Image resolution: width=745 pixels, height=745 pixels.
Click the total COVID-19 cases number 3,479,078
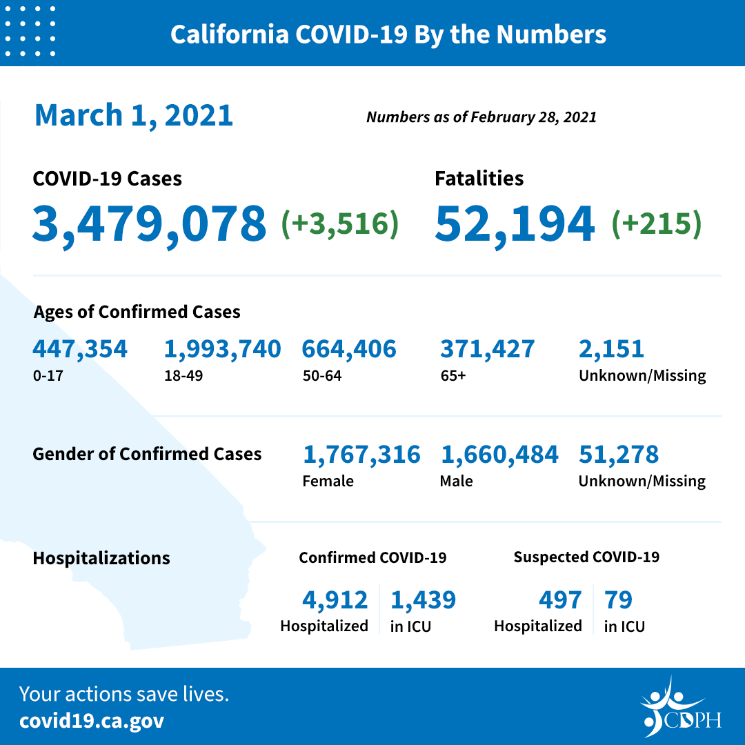(149, 223)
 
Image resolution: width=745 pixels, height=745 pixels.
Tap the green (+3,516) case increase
(340, 223)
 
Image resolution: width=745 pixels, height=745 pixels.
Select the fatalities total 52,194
(515, 223)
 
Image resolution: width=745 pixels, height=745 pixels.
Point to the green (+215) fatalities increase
(656, 223)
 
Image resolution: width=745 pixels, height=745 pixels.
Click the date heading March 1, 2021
(134, 115)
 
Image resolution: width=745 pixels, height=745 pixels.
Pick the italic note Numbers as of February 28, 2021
(481, 117)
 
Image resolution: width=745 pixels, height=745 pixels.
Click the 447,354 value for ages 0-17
(80, 349)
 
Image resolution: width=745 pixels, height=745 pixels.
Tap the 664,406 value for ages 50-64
(349, 349)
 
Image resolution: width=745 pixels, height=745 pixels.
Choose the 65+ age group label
(452, 376)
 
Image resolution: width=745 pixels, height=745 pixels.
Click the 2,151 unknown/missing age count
(611, 349)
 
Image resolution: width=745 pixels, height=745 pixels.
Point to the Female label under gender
(328, 481)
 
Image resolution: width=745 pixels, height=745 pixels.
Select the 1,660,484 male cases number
(499, 455)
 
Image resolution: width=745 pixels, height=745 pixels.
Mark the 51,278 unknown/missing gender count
(619, 455)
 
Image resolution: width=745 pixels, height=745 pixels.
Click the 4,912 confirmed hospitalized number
(335, 600)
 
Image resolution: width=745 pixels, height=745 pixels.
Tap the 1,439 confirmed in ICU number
(423, 600)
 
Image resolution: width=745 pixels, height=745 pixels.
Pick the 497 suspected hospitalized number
(560, 600)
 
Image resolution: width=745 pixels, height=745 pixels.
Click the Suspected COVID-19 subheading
(586, 557)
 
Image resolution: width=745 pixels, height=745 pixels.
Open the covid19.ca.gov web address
(92, 721)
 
